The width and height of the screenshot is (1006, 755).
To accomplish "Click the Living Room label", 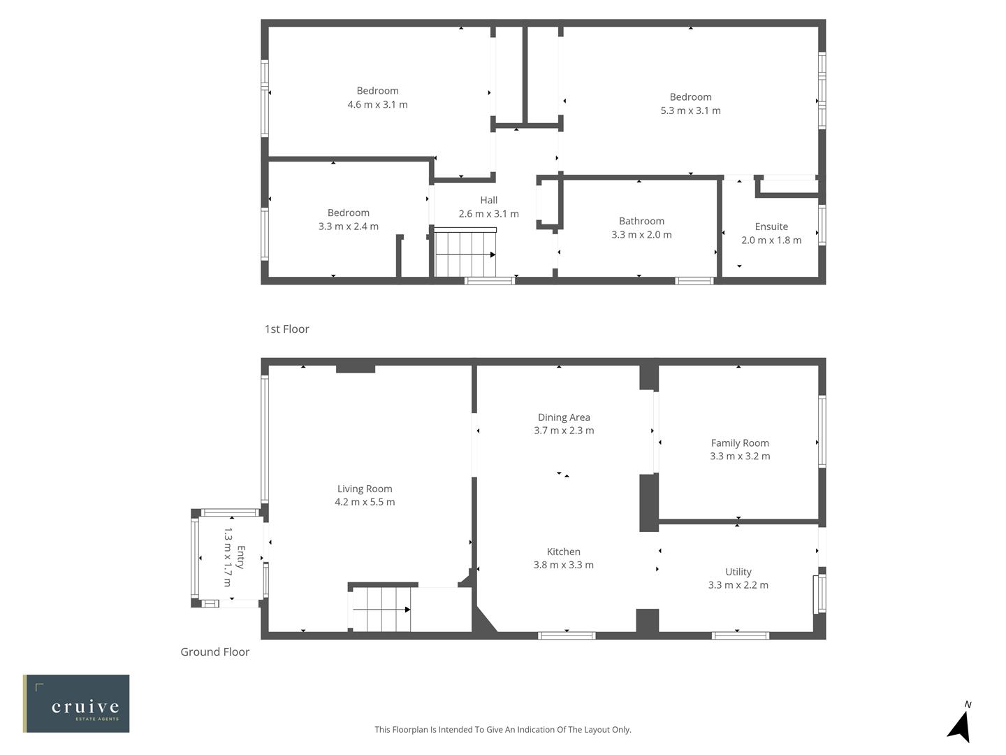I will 365,489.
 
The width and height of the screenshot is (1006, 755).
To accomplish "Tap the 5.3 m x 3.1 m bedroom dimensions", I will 690,110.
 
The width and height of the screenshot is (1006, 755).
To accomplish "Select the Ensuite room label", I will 771,226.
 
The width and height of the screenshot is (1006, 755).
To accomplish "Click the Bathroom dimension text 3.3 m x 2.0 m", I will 641,235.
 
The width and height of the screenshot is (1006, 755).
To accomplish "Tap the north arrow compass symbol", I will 960,724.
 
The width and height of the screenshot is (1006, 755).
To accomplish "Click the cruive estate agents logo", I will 76,703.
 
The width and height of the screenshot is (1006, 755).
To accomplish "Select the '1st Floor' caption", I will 286,329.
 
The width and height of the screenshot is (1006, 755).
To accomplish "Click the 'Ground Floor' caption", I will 214,652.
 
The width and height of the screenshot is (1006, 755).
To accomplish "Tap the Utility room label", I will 738,572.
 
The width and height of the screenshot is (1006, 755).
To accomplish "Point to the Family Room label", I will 740,443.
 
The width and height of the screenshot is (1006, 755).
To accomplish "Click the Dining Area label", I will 564,417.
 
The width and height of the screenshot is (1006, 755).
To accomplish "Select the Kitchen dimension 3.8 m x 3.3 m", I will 563,565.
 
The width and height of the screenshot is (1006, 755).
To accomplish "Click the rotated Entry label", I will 240,557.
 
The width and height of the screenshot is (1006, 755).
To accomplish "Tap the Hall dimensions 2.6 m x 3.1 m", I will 488,214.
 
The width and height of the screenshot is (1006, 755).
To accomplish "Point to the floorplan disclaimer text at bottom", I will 502,729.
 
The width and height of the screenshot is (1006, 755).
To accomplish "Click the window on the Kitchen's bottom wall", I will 567,635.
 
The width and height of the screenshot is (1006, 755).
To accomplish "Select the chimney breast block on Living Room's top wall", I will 355,368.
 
